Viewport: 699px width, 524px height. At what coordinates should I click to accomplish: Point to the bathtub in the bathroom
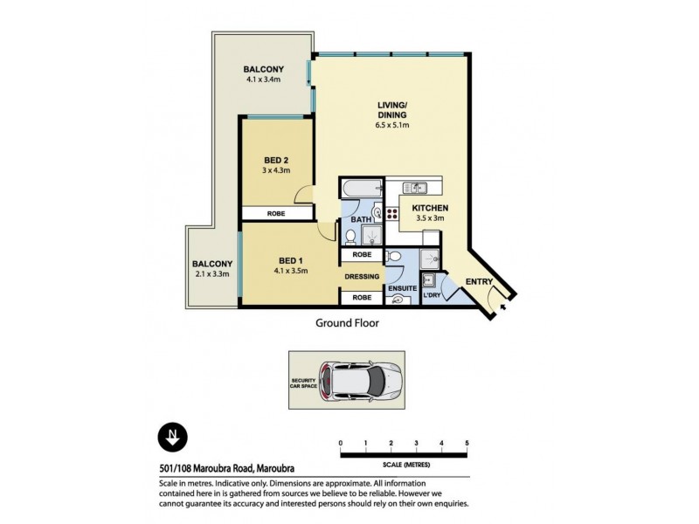(x=360, y=189)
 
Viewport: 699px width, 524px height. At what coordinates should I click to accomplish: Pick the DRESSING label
(x=363, y=277)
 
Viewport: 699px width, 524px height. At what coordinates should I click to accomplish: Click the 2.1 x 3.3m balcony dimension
(x=212, y=273)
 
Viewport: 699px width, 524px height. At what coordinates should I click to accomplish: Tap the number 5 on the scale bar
(x=467, y=444)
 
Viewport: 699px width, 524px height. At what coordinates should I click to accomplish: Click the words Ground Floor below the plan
(x=346, y=321)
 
